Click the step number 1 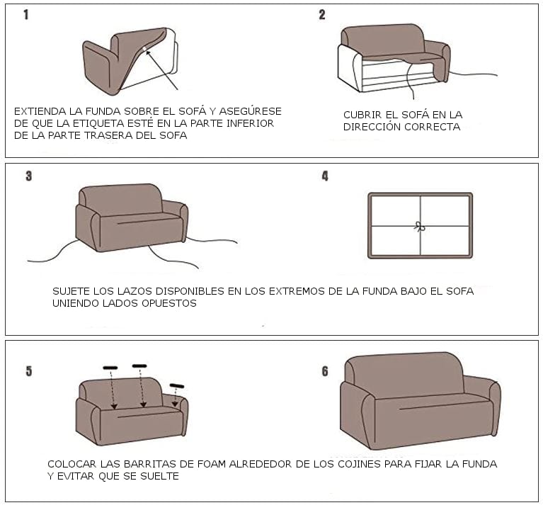click(26, 15)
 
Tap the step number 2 click(322, 15)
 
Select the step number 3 click(29, 176)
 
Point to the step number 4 click(325, 176)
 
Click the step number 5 click(29, 371)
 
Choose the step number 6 click(325, 371)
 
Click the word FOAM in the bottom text click(212, 464)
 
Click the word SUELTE click(159, 476)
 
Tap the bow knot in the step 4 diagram click(420, 227)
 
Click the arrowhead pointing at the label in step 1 click(148, 52)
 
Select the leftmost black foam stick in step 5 click(110, 368)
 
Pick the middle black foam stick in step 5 click(139, 366)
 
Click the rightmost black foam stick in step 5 click(177, 385)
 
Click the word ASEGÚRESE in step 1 click(250, 111)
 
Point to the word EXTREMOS click(297, 291)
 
